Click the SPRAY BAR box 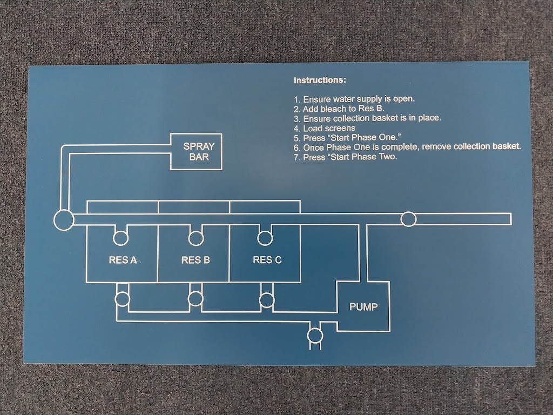click(196, 151)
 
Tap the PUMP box click(363, 307)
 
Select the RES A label click(122, 260)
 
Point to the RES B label click(195, 260)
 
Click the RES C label click(267, 260)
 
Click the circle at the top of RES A click(120, 237)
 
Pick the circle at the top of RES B click(195, 237)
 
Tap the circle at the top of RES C click(265, 237)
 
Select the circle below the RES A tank click(123, 298)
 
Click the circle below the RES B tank click(195, 298)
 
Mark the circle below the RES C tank click(267, 298)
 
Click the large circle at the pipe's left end click(64, 220)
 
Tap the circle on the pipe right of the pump click(409, 219)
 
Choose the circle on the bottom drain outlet click(315, 336)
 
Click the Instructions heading click(319, 81)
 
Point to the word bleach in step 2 click(334, 109)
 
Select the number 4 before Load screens click(296, 129)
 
